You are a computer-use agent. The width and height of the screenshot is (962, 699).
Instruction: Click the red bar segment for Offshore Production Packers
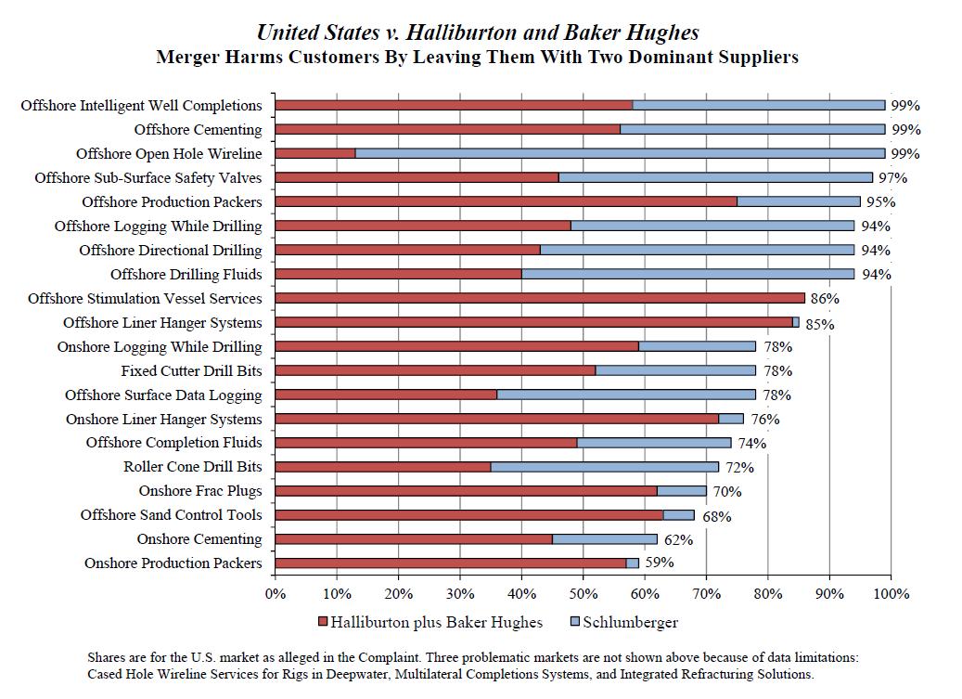pos(506,201)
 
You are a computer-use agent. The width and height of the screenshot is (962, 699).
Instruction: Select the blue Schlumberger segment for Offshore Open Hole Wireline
pos(620,153)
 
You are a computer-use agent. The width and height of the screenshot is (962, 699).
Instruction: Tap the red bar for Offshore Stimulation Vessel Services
pos(540,298)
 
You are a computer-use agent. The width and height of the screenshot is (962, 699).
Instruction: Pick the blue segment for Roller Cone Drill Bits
pos(604,467)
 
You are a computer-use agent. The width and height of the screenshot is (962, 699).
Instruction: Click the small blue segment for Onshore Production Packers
pos(633,563)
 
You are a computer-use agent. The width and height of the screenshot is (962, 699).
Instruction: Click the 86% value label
pos(826,299)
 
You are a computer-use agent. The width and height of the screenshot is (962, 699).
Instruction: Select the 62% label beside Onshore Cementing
pos(678,539)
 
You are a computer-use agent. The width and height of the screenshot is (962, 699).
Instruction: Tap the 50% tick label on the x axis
pos(583,594)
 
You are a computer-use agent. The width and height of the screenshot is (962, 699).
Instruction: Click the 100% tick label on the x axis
pos(891,594)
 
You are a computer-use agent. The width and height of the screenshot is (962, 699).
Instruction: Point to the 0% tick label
pos(276,594)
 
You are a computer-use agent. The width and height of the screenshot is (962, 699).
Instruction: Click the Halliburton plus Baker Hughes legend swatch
pos(324,622)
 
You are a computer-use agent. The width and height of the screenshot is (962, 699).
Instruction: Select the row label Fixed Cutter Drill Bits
pos(191,370)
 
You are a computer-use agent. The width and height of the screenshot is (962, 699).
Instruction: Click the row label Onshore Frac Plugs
pos(200,491)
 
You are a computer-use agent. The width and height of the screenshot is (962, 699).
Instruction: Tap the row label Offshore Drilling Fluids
pos(186,274)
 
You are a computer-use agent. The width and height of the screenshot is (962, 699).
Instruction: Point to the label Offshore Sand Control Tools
pos(171,515)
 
